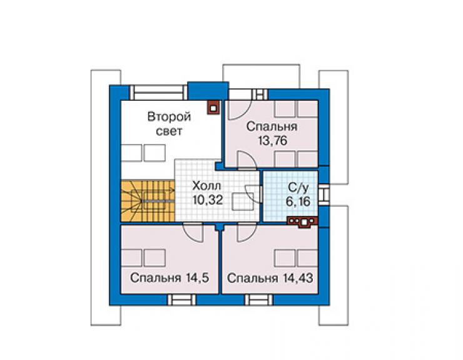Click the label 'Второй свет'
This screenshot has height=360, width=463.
169,123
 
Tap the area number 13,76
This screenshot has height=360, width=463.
272,141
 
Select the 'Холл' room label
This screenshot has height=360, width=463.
206,186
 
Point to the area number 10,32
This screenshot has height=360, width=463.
207,200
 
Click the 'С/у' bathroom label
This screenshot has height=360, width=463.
298,188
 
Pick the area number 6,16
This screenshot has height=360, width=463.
298,202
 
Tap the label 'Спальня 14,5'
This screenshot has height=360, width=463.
170,278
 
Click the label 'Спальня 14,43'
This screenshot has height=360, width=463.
270,278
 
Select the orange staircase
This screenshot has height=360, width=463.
148,201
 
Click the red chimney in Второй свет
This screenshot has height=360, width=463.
214,107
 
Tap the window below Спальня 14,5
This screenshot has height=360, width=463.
181,300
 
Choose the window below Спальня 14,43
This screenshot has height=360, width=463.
258,300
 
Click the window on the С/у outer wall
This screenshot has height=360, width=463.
323,195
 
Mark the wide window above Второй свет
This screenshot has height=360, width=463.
158,93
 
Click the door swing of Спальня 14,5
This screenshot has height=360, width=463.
193,233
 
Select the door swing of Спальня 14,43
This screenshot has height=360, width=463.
247,232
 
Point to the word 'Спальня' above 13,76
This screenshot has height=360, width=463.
272,127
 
